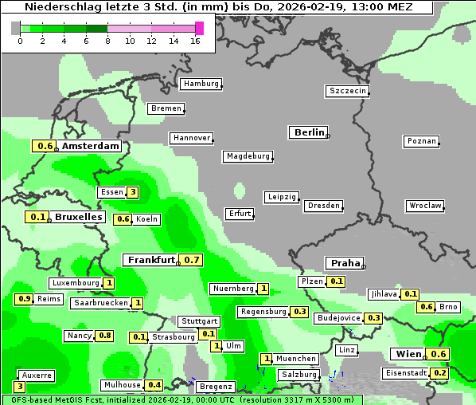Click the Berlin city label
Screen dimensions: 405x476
(308, 132)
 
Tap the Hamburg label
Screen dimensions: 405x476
(201, 84)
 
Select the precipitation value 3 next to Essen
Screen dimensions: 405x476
(132, 192)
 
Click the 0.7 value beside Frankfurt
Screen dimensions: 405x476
(191, 260)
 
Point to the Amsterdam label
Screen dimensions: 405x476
(90, 146)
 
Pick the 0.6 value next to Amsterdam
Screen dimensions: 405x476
(45, 146)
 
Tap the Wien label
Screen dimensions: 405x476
(408, 354)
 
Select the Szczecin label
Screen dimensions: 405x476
(348, 91)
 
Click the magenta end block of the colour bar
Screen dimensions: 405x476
(199, 28)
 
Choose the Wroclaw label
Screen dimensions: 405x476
(424, 206)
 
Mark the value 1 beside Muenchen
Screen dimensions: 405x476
(267, 359)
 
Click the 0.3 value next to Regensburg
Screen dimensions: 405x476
(299, 312)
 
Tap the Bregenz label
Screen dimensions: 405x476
(216, 387)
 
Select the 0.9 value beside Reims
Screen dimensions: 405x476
(24, 299)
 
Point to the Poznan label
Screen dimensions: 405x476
(421, 141)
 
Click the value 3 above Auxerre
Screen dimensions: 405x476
(20, 387)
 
